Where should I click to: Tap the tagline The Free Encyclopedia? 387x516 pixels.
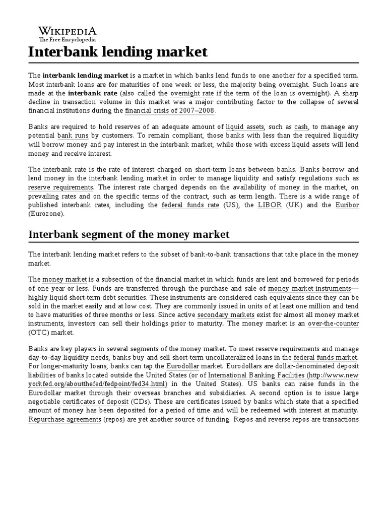point(67,39)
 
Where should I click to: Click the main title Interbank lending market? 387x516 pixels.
point(117,52)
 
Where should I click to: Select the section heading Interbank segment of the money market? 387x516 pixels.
point(128,234)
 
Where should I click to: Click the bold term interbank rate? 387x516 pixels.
point(92,93)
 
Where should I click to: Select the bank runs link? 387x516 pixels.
point(72,137)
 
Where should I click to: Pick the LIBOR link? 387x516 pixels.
point(270,205)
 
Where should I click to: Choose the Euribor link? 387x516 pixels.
point(347,205)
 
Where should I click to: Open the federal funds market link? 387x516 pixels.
point(326,357)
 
